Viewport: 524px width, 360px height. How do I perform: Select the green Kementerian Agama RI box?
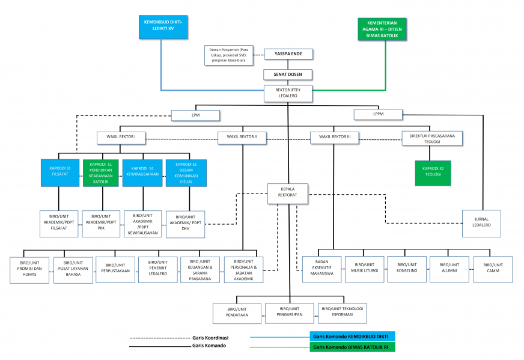(382, 28)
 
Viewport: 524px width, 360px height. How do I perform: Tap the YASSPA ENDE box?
(288, 53)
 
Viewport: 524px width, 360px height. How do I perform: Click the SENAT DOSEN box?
(288, 75)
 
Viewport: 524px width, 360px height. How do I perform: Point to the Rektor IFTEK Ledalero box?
(288, 93)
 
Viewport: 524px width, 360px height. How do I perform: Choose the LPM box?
(195, 114)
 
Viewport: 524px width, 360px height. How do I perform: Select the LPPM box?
(377, 114)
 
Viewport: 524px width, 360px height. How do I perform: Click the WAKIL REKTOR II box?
(242, 137)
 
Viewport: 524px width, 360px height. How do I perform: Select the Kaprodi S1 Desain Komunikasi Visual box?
(186, 173)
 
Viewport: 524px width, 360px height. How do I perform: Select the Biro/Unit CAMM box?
(493, 269)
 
